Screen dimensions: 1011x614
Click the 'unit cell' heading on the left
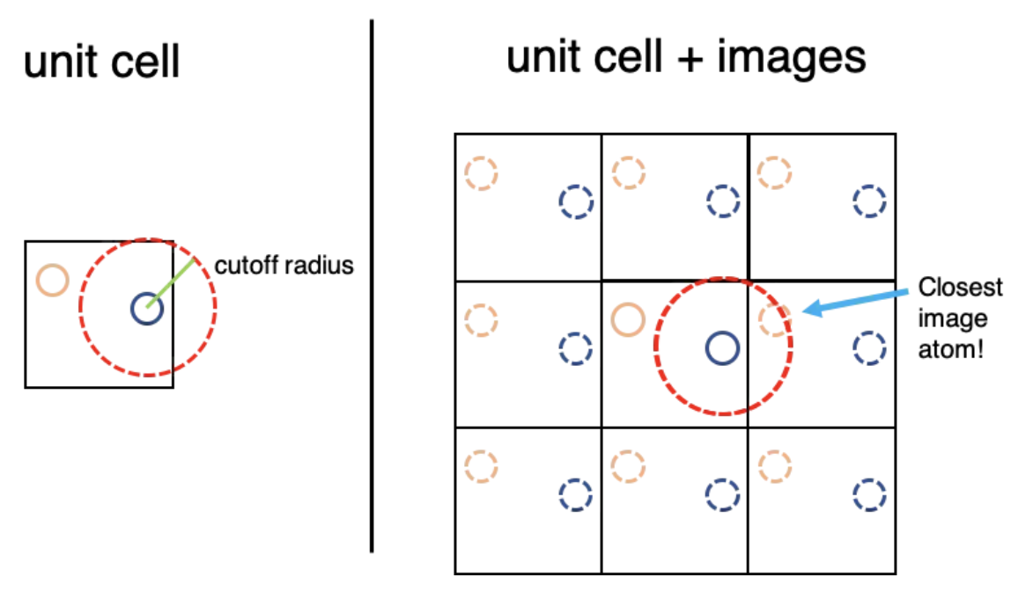point(101,62)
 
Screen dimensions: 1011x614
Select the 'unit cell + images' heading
point(685,58)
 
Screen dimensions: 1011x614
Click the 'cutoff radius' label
point(284,266)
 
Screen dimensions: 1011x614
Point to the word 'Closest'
point(960,288)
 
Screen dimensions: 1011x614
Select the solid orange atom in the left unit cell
point(52,281)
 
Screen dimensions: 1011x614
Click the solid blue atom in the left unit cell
point(145,309)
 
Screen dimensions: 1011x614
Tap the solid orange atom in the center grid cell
point(628,319)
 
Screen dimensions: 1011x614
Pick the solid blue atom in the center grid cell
point(722,348)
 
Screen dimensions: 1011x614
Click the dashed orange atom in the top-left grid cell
point(481,172)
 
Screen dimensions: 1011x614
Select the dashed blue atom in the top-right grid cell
point(869,201)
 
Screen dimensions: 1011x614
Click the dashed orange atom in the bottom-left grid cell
point(481,466)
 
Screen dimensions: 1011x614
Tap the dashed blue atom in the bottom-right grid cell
point(869,495)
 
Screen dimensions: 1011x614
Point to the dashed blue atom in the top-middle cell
point(722,201)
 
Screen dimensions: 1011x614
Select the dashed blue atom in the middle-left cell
point(575,348)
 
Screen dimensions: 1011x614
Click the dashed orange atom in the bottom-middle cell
point(628,466)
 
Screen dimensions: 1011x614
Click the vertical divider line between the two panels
point(372,286)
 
